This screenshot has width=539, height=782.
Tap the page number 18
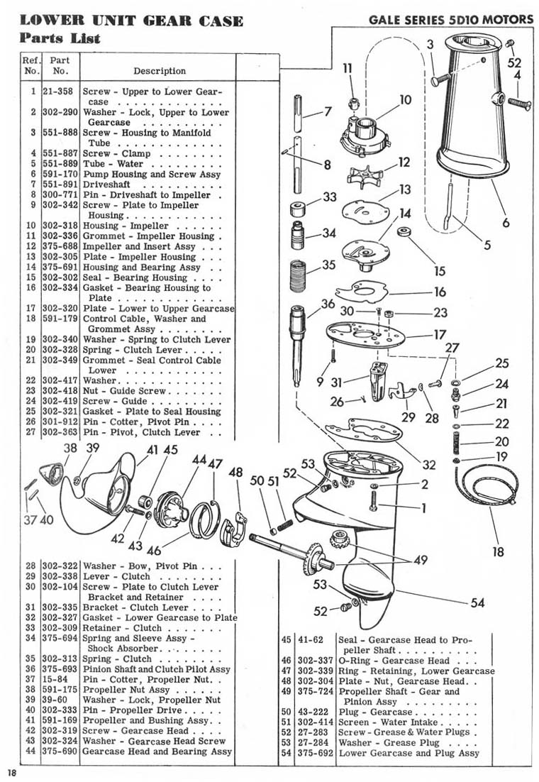coord(12,773)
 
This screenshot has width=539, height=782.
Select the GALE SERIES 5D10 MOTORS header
coord(451,19)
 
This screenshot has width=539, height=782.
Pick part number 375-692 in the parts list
coord(316,753)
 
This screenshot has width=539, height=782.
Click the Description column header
coord(160,71)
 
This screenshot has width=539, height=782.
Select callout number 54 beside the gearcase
coord(477,603)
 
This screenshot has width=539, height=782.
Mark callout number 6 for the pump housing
coord(506,223)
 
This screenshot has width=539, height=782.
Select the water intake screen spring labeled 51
coord(283,525)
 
